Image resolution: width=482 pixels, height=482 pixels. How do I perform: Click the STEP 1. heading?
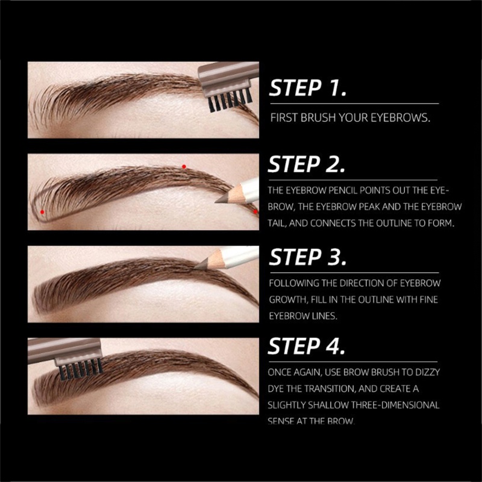[x=308, y=88]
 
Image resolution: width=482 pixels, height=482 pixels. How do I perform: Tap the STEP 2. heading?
[x=307, y=164]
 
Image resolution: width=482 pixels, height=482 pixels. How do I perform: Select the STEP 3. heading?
[x=308, y=257]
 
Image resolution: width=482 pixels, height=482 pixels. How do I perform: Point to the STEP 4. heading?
[x=307, y=346]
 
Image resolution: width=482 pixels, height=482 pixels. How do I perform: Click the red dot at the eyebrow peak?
[x=184, y=167]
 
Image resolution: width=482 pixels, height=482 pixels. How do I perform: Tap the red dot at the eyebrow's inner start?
[x=42, y=212]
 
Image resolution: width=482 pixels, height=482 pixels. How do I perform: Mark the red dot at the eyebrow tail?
[x=255, y=211]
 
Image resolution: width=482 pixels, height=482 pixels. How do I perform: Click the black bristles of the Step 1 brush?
[x=230, y=101]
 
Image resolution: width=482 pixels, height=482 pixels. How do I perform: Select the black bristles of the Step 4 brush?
[x=81, y=369]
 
